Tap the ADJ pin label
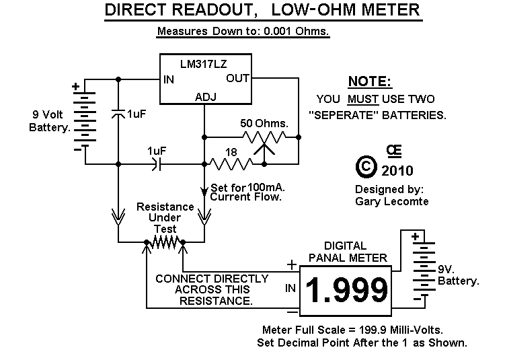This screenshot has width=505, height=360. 205,96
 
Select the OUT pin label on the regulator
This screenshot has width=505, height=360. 237,79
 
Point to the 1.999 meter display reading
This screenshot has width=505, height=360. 346,289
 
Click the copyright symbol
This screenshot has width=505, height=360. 365,166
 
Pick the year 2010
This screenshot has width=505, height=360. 397,170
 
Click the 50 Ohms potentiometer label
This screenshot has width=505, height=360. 264,124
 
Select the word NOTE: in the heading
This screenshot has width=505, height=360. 369,81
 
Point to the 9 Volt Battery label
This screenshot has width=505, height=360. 48,120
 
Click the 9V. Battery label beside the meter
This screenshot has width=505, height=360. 458,275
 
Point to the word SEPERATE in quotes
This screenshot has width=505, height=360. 358,115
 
